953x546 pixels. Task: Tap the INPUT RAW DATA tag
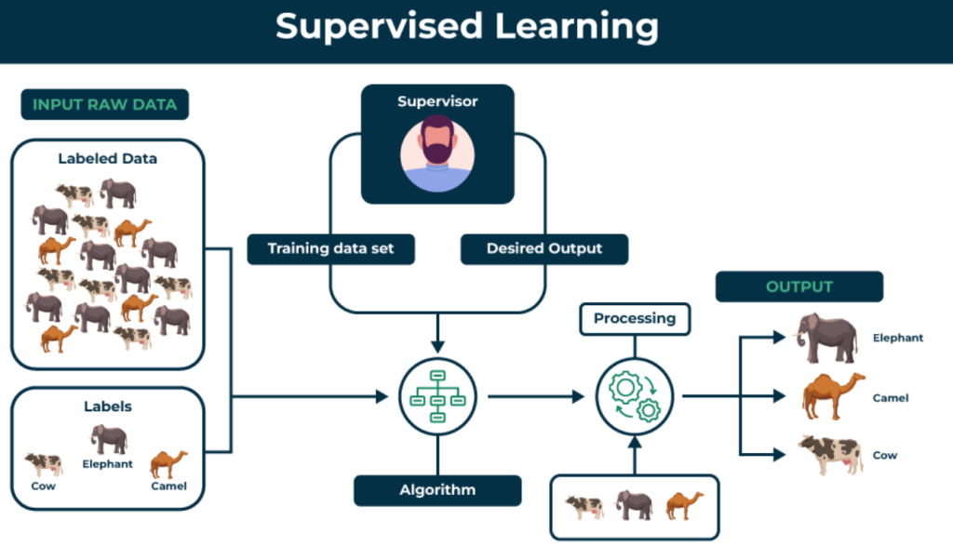(x=104, y=104)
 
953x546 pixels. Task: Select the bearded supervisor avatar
(x=437, y=154)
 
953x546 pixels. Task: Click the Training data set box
(x=329, y=248)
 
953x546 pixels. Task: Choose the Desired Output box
(x=544, y=248)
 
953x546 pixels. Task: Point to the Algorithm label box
(x=437, y=489)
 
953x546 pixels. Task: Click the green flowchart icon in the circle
(x=437, y=397)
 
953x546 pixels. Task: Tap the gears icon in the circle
(x=635, y=397)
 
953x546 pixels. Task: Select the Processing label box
(x=635, y=318)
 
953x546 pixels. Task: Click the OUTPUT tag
(x=799, y=286)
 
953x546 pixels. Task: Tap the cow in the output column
(x=828, y=454)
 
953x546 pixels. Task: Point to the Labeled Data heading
(x=107, y=158)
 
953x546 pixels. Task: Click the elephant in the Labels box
(x=109, y=439)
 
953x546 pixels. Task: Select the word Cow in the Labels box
(x=43, y=486)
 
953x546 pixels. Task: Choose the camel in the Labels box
(x=168, y=463)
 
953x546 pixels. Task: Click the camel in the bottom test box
(x=684, y=505)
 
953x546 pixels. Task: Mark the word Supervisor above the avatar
(x=437, y=101)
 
